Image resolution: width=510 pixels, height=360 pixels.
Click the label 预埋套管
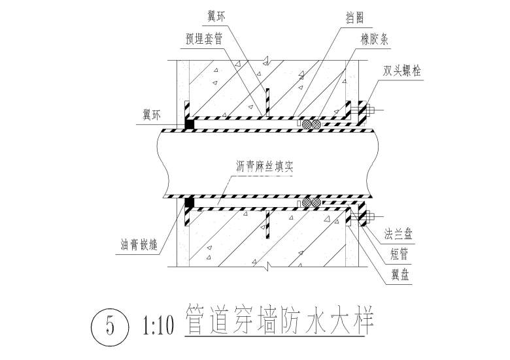click(204, 39)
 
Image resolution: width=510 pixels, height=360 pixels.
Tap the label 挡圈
click(354, 17)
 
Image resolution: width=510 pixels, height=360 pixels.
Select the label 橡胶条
click(375, 39)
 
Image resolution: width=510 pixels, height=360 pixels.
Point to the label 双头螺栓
click(401, 71)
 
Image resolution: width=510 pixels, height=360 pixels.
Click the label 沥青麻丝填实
click(265, 167)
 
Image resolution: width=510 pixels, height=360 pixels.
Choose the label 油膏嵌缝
click(139, 244)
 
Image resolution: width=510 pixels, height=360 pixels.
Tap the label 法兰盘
click(398, 234)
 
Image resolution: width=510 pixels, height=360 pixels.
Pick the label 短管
click(399, 254)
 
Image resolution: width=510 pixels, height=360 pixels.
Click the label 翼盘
click(400, 275)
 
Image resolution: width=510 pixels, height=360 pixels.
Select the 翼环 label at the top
click(216, 16)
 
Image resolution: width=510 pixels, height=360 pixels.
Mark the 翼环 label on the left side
click(151, 115)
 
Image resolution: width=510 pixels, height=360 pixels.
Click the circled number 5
click(110, 325)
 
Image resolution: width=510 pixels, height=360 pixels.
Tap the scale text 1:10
click(158, 325)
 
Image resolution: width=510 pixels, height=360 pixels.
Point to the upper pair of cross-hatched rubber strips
click(311, 124)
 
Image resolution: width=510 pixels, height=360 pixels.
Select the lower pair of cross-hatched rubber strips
click(311, 203)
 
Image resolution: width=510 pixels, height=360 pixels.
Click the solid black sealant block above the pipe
click(190, 124)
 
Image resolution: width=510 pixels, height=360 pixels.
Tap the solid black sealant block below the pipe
click(190, 203)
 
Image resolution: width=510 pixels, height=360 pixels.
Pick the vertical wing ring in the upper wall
click(267, 102)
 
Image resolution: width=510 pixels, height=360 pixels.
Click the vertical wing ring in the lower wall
click(267, 225)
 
